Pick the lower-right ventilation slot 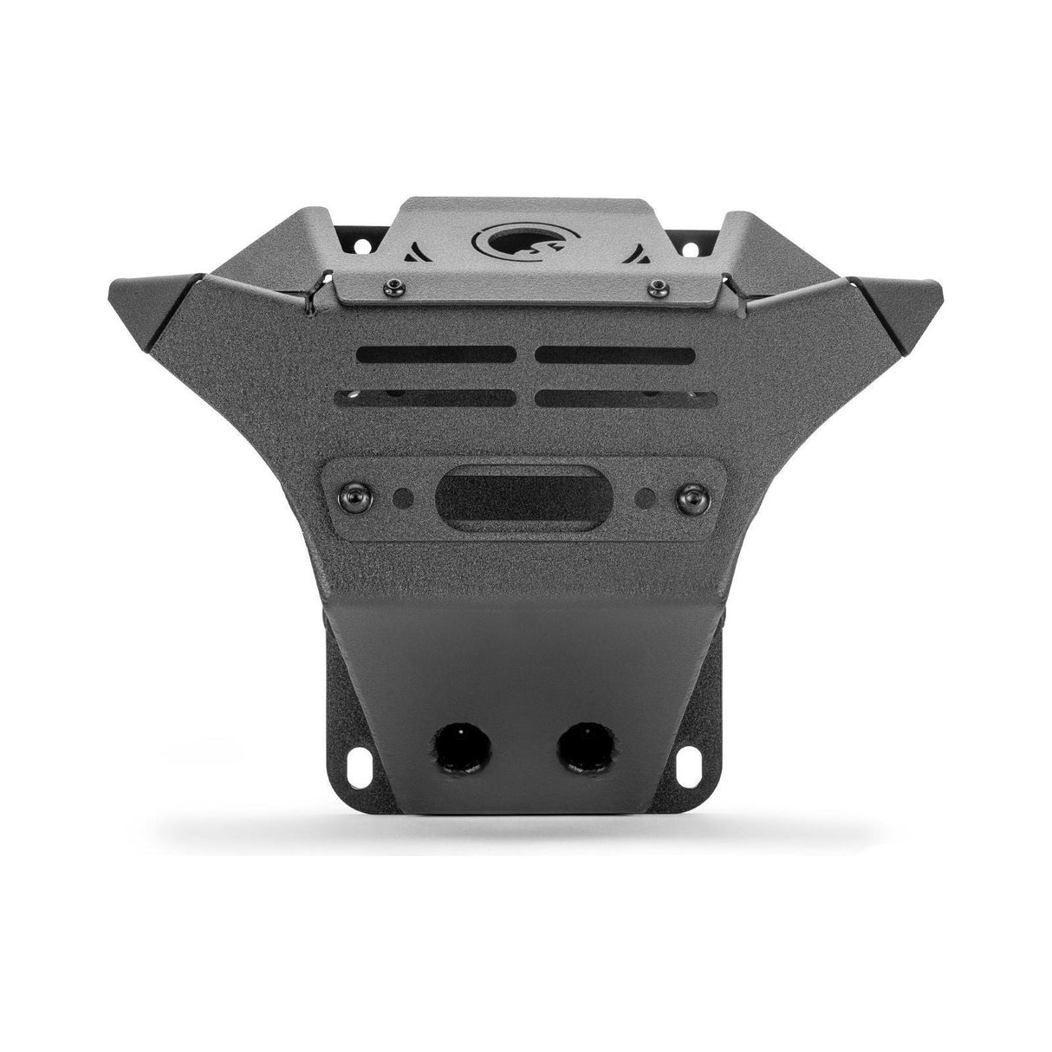point(626,397)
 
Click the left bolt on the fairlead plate point(356,496)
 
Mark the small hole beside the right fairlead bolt point(646,498)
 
